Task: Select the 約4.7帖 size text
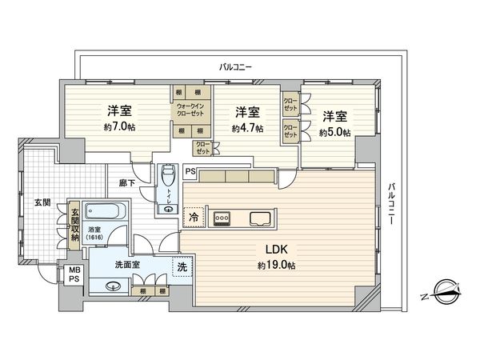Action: click(246, 128)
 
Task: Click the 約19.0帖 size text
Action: click(274, 265)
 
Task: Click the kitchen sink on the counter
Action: click(262, 217)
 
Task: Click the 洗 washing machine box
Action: click(182, 267)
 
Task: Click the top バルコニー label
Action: click(236, 66)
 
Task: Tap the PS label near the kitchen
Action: click(190, 170)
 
